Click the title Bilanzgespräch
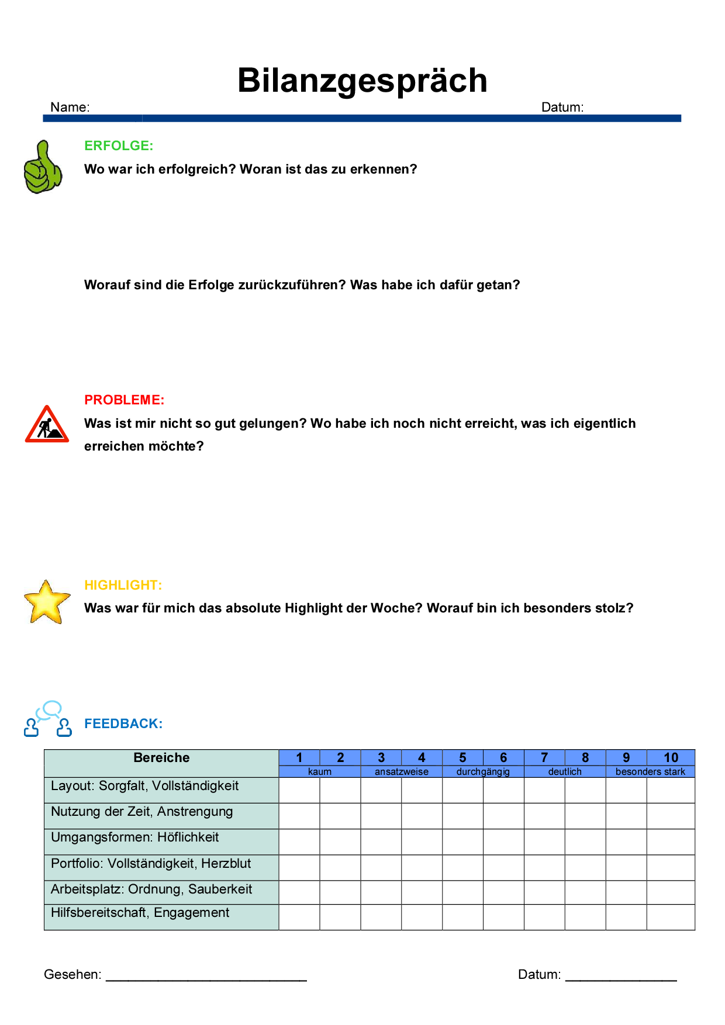pyautogui.click(x=362, y=80)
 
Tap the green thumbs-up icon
pyautogui.click(x=43, y=167)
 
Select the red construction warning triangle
pyautogui.click(x=47, y=425)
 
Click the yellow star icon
pyautogui.click(x=47, y=602)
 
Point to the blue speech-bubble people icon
pyautogui.click(x=48, y=719)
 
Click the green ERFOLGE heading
pyautogui.click(x=119, y=146)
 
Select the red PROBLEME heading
pyautogui.click(x=125, y=400)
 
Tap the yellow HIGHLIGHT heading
pyautogui.click(x=123, y=585)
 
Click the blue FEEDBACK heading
pyautogui.click(x=123, y=723)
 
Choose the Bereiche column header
pyautogui.click(x=161, y=758)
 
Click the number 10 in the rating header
pyautogui.click(x=671, y=758)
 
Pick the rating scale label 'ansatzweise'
pyautogui.click(x=402, y=771)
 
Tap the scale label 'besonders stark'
pyautogui.click(x=650, y=771)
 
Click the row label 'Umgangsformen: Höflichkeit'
pyautogui.click(x=135, y=837)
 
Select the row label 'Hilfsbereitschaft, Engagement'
pyautogui.click(x=140, y=913)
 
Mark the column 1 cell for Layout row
pyautogui.click(x=299, y=790)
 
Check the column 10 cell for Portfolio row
pyautogui.click(x=671, y=867)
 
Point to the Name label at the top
pyautogui.click(x=70, y=107)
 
